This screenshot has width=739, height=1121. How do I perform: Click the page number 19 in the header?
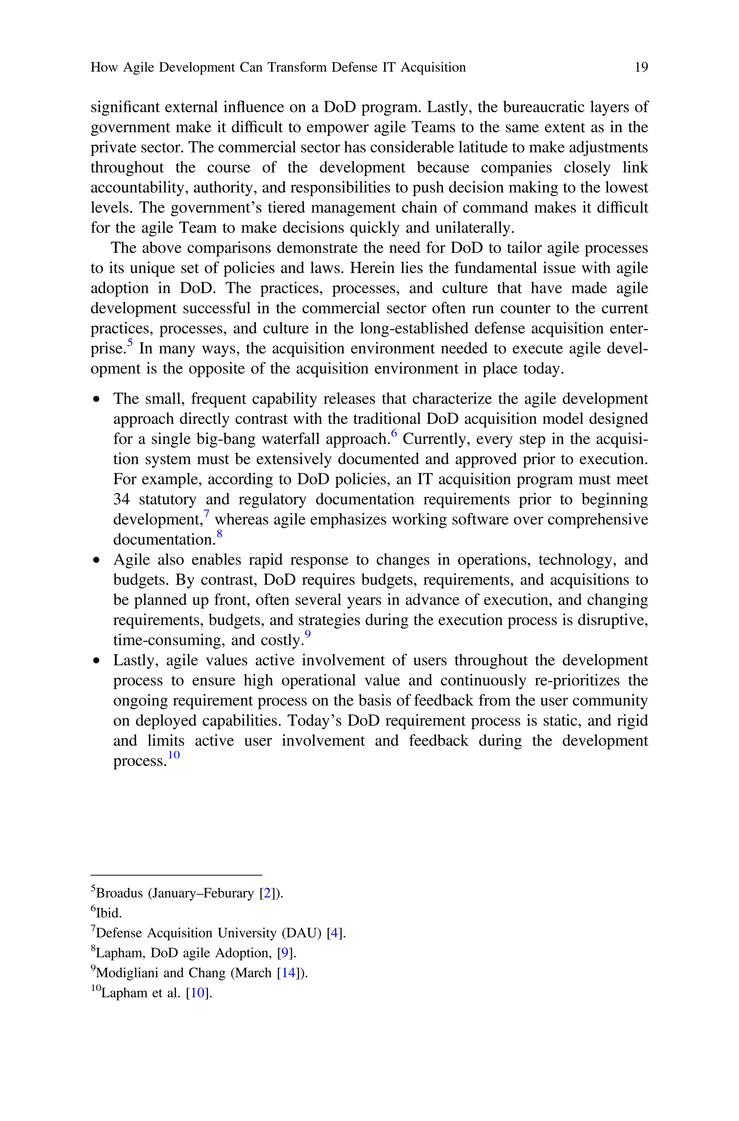(641, 68)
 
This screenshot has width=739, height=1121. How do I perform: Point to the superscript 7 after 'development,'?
(206, 513)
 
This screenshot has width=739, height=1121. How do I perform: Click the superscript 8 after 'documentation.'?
(219, 534)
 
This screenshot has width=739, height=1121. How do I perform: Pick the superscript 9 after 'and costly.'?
(307, 634)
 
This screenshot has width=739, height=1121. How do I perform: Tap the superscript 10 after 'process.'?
(174, 755)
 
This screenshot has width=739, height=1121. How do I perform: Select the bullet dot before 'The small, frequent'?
(97, 400)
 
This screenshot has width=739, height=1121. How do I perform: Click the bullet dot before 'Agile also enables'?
(97, 560)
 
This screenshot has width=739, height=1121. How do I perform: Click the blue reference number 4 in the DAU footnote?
(334, 933)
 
